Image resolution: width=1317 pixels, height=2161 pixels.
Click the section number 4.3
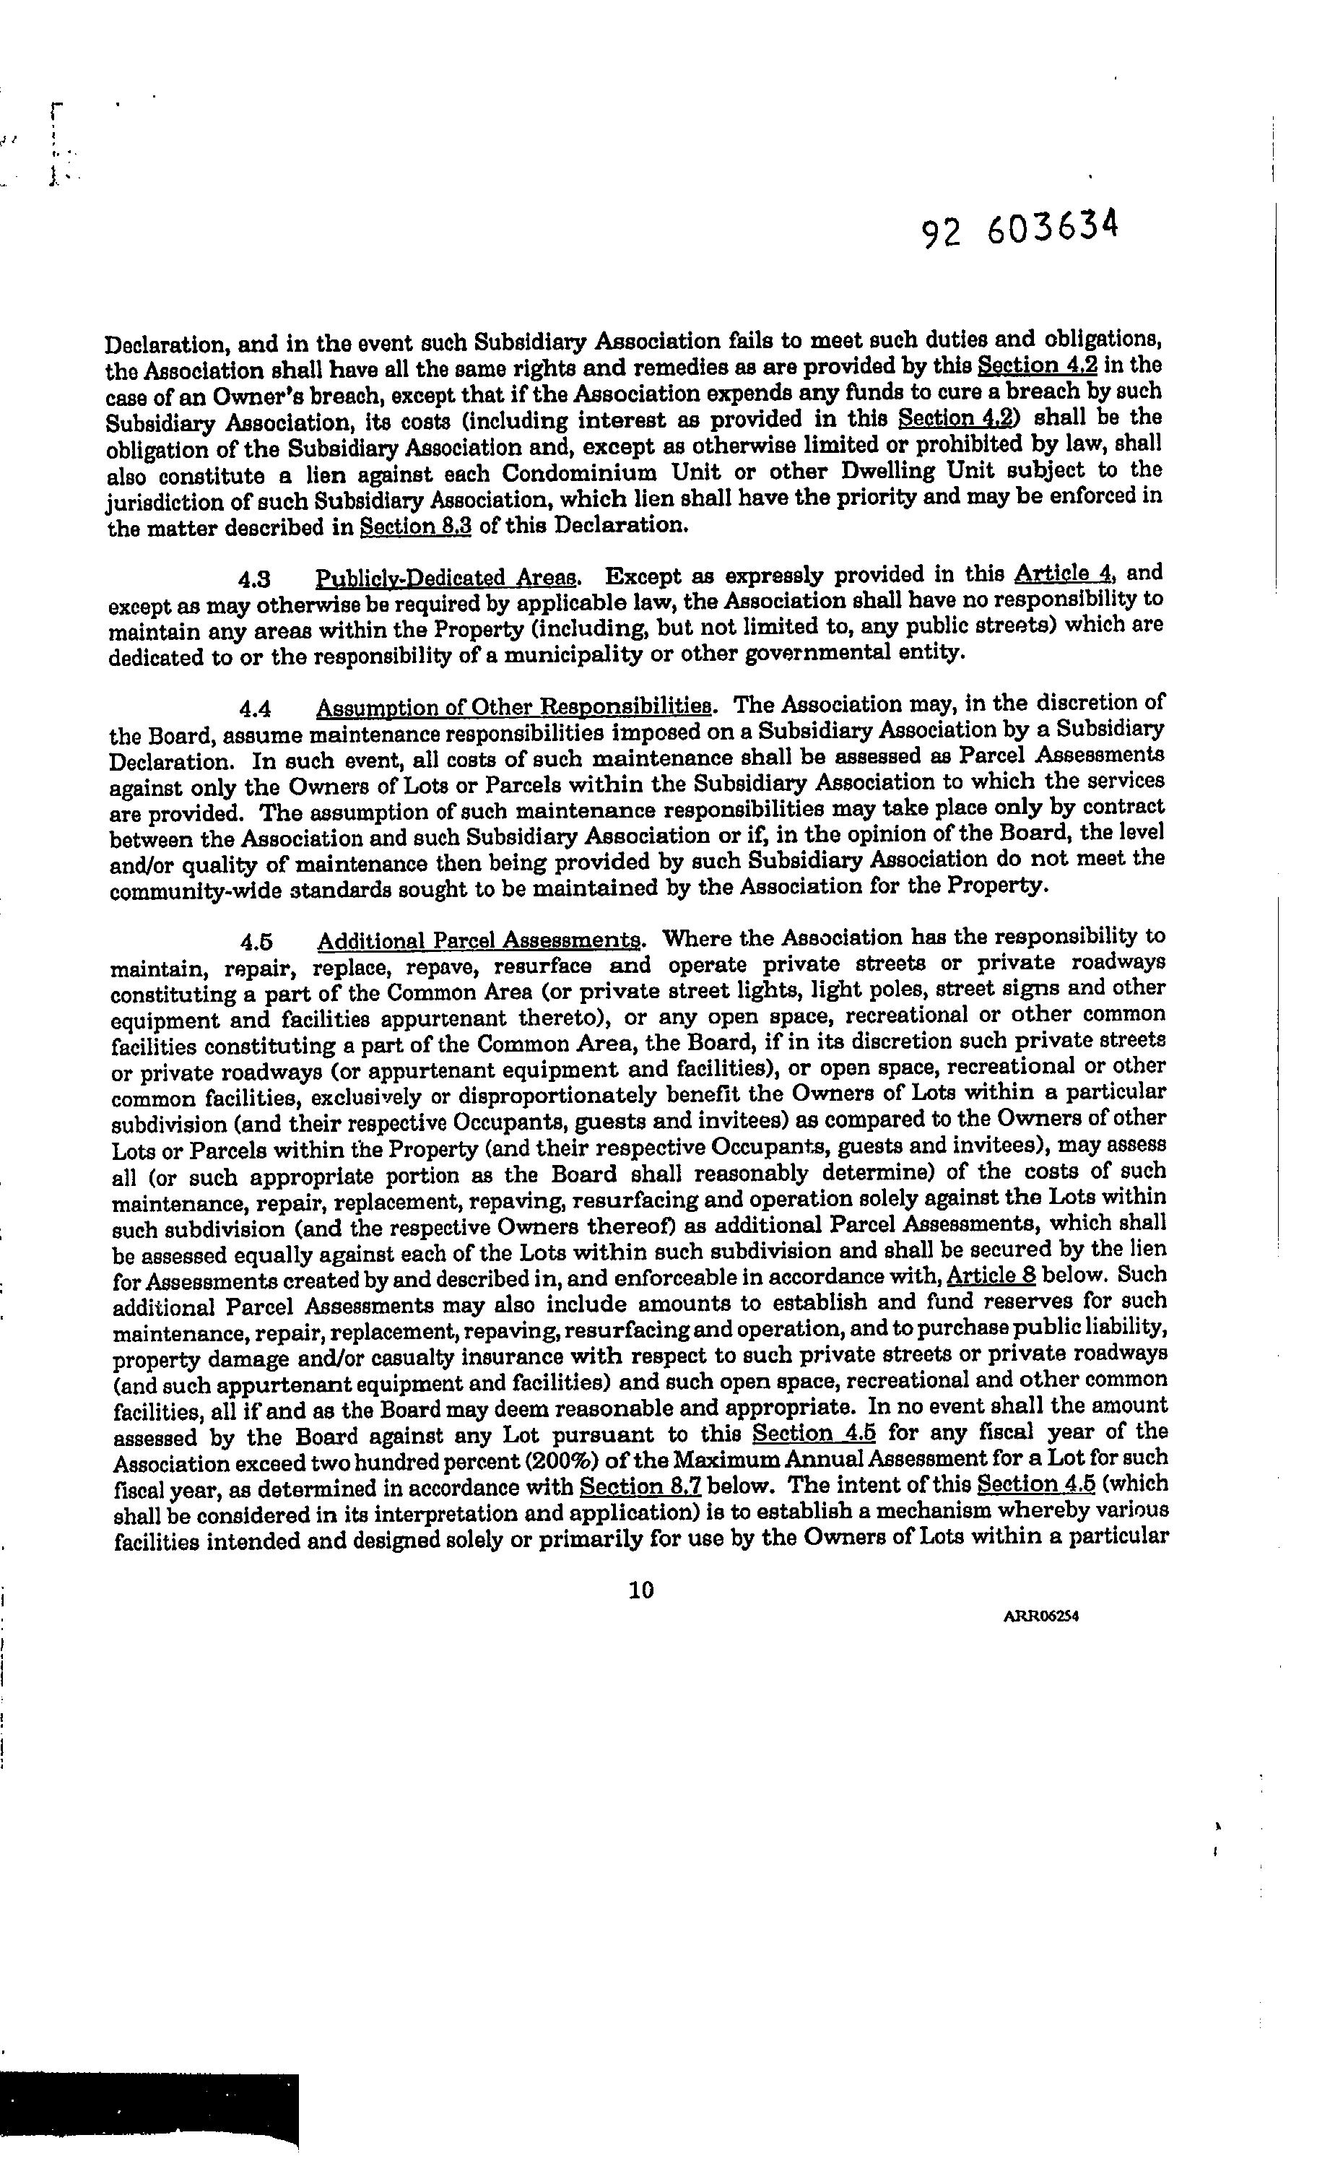click(x=253, y=580)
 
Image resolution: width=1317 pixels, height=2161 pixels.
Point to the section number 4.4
click(x=254, y=709)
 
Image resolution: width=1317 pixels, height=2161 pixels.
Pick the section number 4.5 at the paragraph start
click(x=256, y=942)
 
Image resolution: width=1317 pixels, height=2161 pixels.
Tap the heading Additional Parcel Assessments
click(x=479, y=941)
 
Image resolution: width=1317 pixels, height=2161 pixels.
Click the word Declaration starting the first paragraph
click(x=161, y=345)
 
